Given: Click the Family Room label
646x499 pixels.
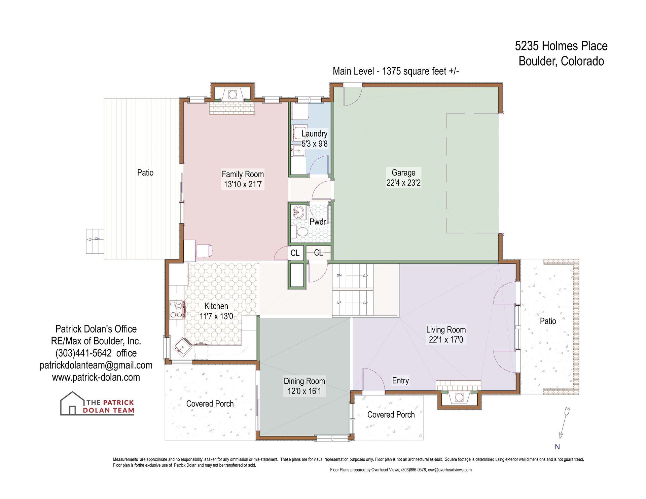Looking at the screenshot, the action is (x=243, y=174).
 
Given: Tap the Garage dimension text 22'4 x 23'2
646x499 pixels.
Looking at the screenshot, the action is (x=403, y=183).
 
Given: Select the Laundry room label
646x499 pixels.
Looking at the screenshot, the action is (x=314, y=133).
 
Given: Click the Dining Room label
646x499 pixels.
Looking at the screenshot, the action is (x=304, y=381).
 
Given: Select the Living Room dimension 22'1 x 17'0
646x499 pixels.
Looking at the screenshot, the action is (x=446, y=340).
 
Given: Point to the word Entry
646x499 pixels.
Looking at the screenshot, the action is (x=400, y=380).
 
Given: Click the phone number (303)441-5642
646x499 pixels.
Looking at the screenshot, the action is (x=83, y=353).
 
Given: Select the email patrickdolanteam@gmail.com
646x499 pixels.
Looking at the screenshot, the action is (x=96, y=365).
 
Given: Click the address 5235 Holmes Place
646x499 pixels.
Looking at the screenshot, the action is (x=561, y=46).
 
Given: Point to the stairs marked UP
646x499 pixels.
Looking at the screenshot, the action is (x=353, y=303).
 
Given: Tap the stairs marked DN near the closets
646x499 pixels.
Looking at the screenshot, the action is (x=353, y=276).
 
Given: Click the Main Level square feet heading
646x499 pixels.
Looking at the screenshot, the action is (x=396, y=71).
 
